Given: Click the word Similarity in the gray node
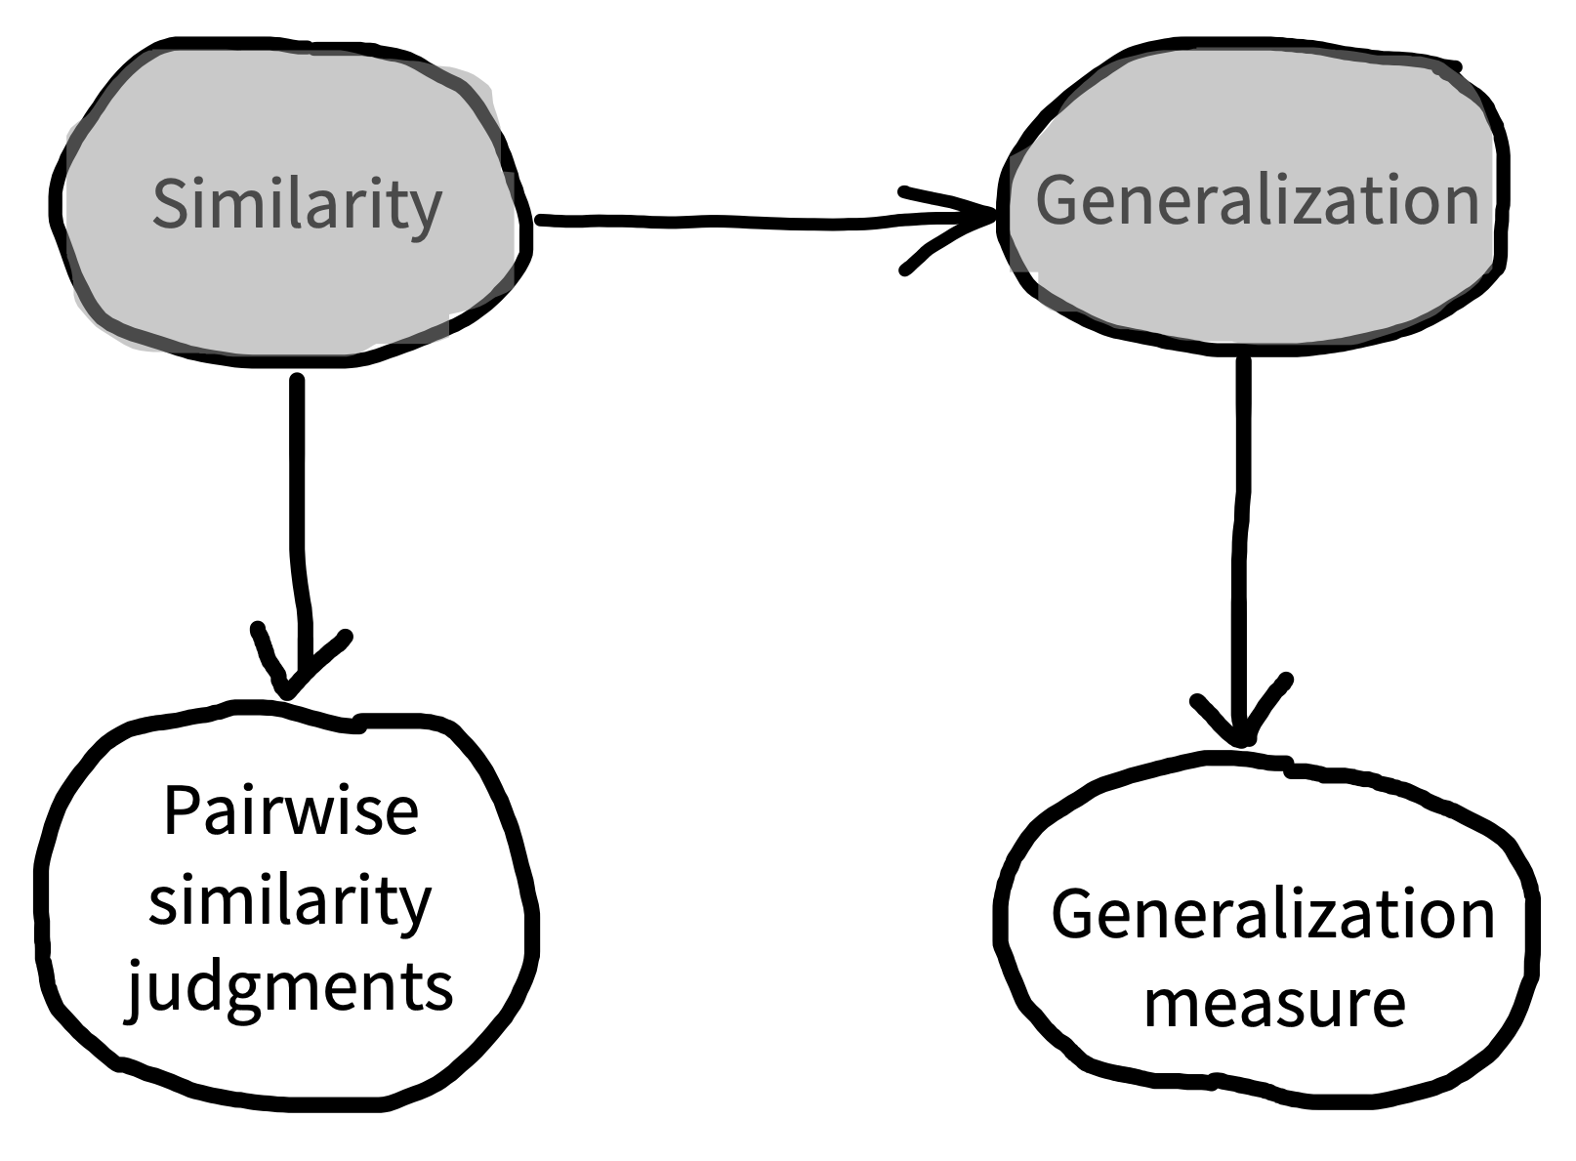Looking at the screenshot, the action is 297,205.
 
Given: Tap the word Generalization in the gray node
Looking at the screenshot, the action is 1258,200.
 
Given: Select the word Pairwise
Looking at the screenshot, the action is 291,811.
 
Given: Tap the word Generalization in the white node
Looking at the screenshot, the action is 1272,915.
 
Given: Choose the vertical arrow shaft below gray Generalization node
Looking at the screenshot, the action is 1242,549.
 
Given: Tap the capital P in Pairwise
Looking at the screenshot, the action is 183,811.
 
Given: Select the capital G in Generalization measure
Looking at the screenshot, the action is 1074,914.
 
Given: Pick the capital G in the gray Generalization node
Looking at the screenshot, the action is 1058,200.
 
